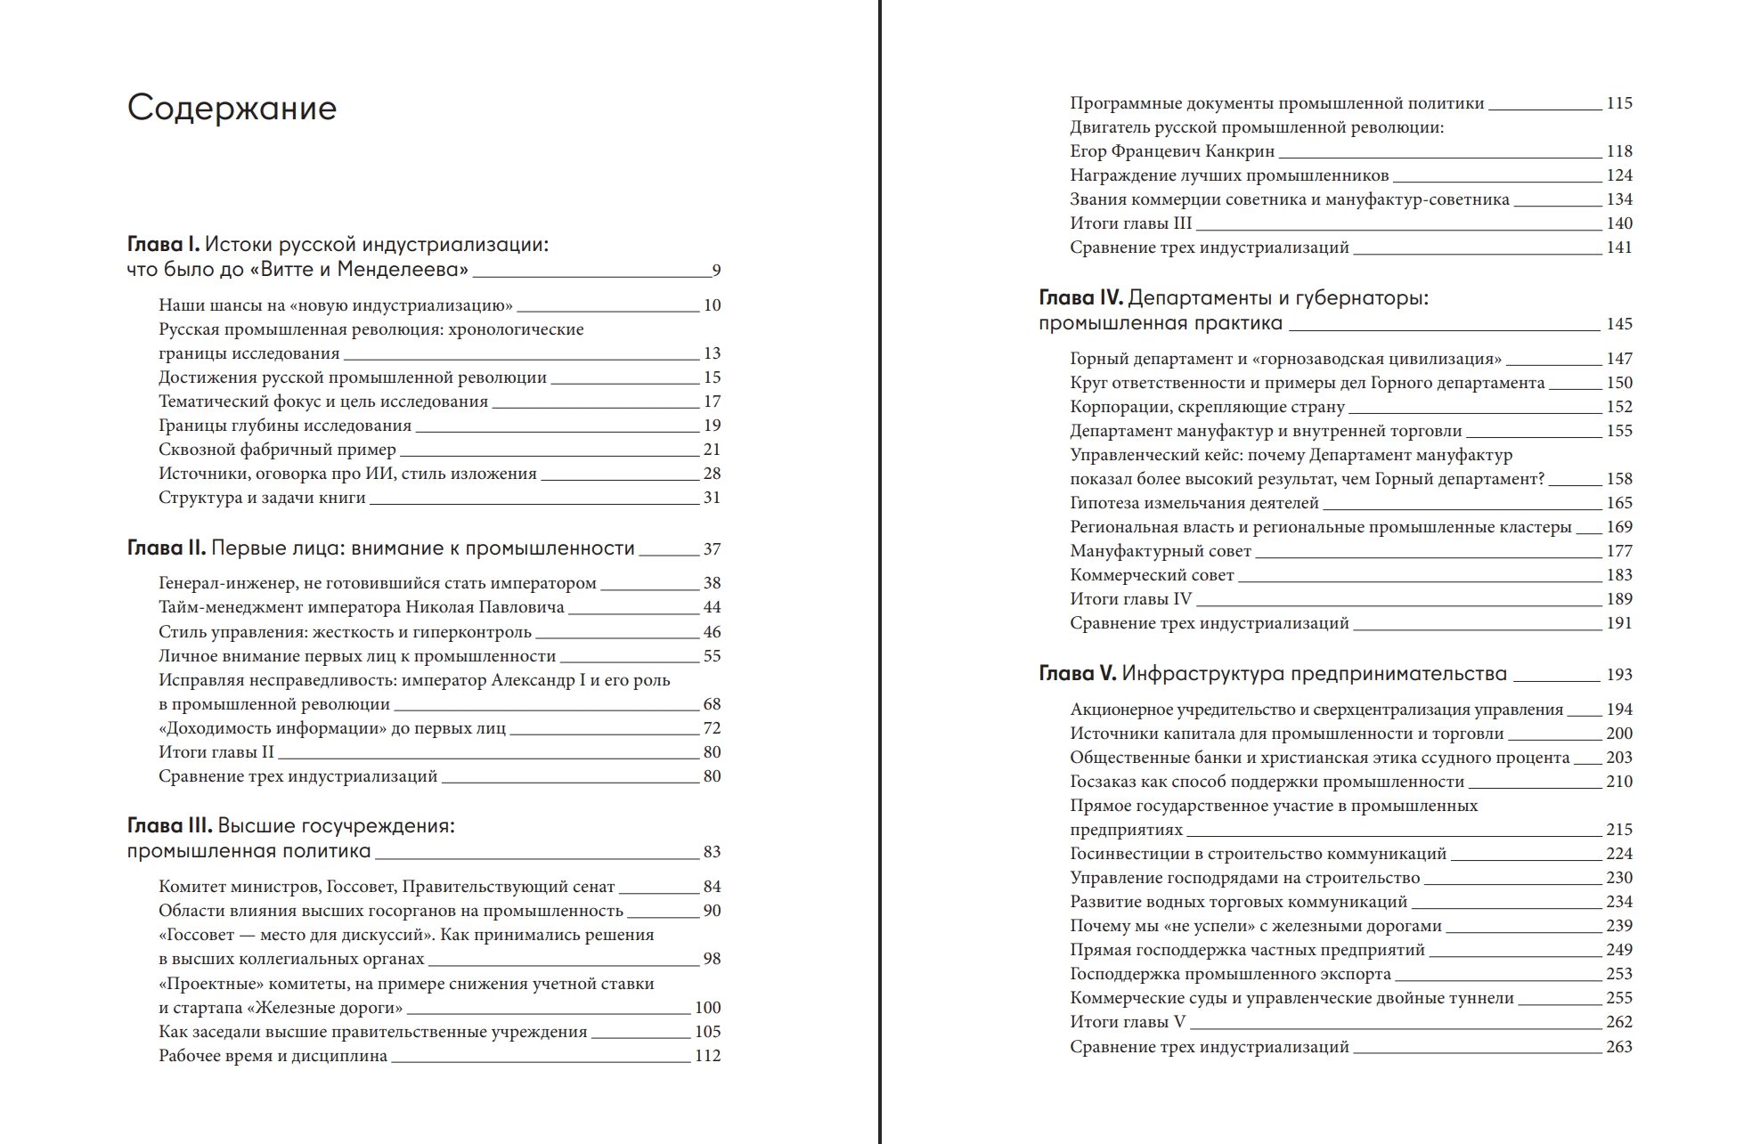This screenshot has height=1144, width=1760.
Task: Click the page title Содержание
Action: click(232, 108)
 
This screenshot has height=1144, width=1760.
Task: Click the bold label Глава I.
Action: click(164, 245)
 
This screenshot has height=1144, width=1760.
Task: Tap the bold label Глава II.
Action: click(167, 548)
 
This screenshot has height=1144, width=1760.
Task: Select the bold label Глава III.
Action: click(169, 826)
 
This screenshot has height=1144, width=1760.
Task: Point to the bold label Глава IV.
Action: click(1080, 298)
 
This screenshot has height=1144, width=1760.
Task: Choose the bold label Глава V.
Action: click(1077, 674)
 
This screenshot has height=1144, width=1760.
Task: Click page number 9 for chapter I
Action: click(716, 271)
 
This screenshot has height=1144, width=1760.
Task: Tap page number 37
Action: click(712, 549)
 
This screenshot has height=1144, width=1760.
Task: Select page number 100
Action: click(707, 1008)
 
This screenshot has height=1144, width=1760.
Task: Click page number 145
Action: click(1619, 324)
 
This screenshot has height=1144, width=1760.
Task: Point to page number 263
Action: click(1619, 1047)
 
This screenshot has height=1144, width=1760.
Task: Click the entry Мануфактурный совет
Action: click(1161, 551)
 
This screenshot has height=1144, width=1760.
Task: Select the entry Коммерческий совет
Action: click(1152, 575)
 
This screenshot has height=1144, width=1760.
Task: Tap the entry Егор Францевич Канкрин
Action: click(1172, 151)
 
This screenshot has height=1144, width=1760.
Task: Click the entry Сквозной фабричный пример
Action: click(277, 450)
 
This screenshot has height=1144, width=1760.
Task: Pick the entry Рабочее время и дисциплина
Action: click(273, 1056)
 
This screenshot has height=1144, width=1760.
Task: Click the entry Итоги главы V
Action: click(1128, 1022)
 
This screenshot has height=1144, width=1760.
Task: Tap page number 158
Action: click(1619, 479)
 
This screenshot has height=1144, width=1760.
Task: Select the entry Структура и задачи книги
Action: click(262, 498)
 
